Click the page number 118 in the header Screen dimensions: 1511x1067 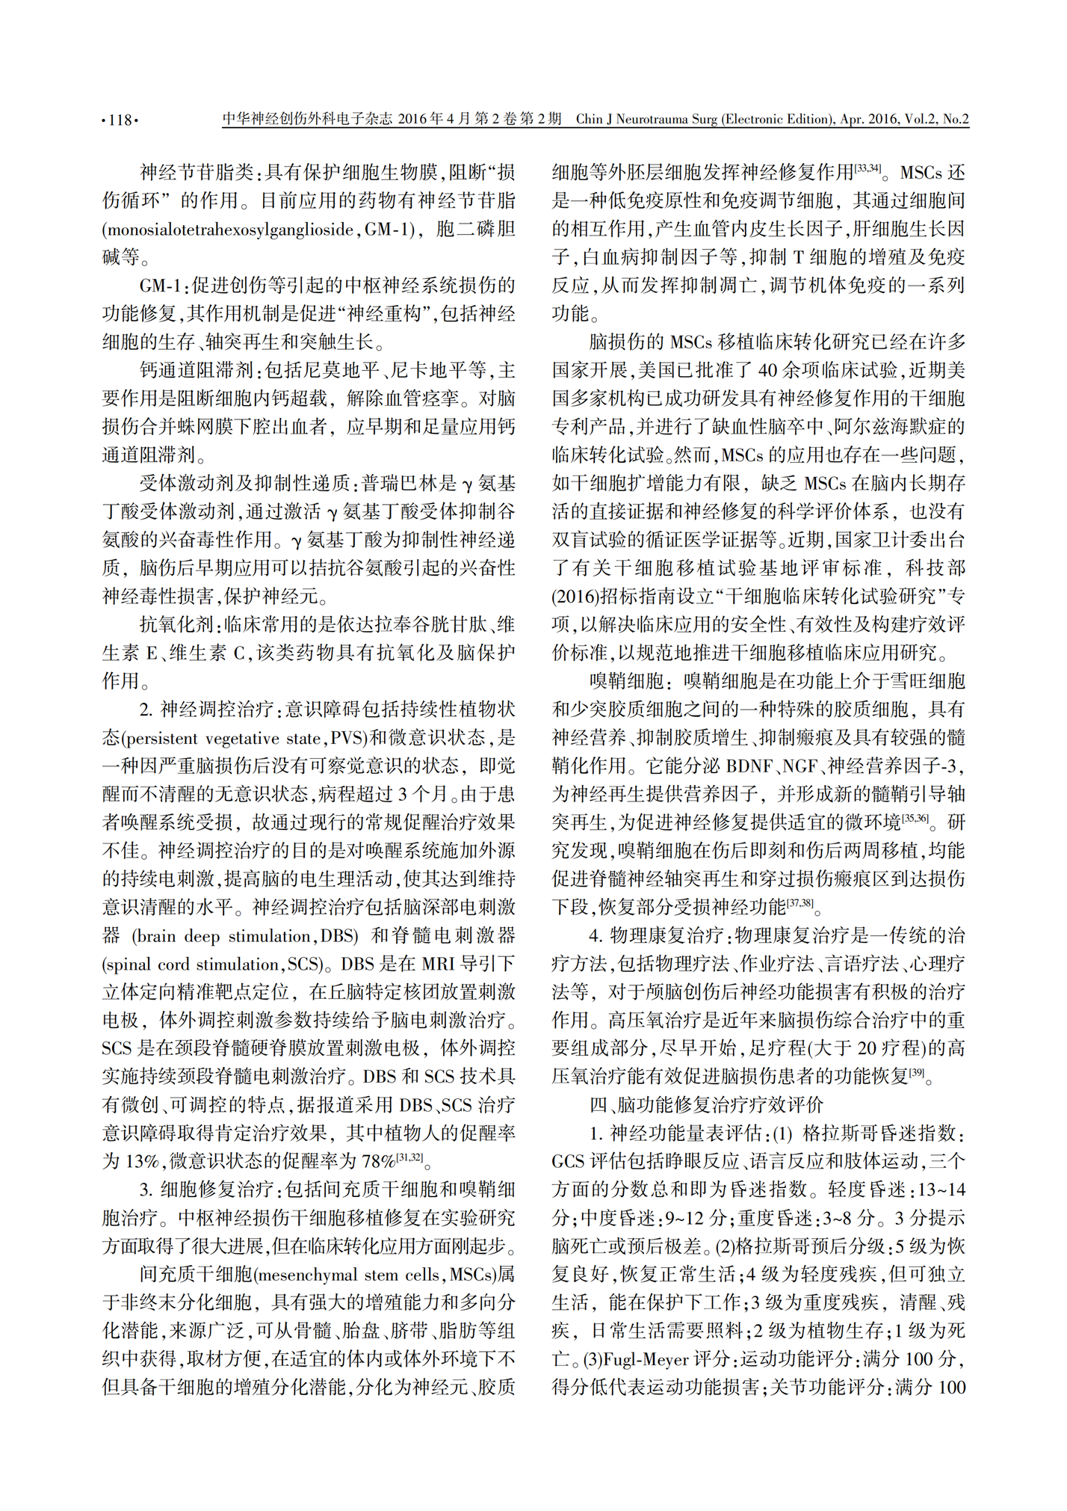tap(120, 120)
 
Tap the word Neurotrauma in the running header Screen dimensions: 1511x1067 tap(656, 119)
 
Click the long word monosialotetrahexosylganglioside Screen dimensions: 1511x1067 tap(228, 230)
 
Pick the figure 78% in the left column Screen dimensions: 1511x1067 tap(378, 1161)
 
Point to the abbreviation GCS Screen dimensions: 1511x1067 tap(569, 1161)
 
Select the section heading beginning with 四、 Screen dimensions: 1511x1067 tap(706, 1104)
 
